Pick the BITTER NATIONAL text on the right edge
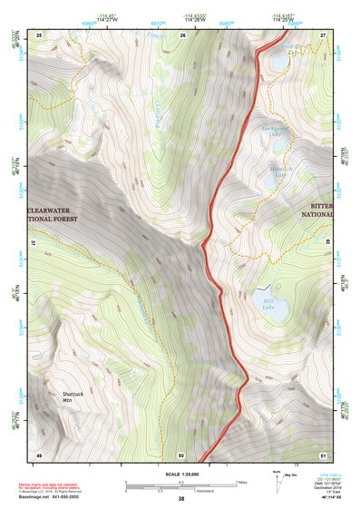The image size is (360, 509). pyautogui.click(x=317, y=213)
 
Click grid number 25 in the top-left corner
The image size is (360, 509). pyautogui.click(x=39, y=34)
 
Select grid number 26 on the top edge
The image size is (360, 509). pyautogui.click(x=182, y=34)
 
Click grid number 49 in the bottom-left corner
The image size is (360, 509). pyautogui.click(x=39, y=454)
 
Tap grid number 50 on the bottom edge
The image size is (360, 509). pyautogui.click(x=181, y=454)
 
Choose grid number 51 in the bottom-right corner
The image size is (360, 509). pyautogui.click(x=324, y=454)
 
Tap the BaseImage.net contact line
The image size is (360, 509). pyautogui.click(x=54, y=497)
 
